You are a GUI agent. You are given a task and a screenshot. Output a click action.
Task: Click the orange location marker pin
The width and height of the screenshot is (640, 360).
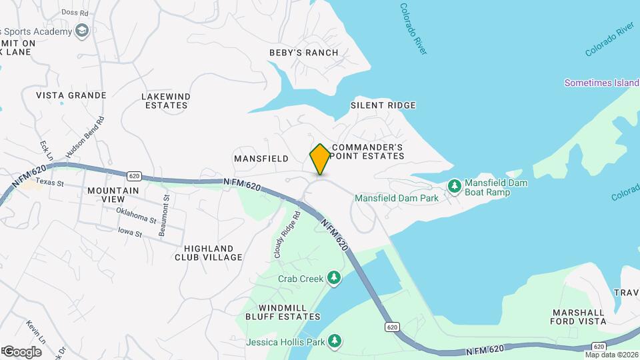point(320,159)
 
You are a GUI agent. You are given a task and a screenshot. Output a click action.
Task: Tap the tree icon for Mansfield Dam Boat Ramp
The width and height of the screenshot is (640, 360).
point(455,185)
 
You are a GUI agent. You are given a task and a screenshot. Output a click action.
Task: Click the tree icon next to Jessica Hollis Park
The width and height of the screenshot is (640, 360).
point(335,342)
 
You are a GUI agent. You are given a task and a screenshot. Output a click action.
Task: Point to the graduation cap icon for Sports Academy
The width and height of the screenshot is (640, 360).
point(82,31)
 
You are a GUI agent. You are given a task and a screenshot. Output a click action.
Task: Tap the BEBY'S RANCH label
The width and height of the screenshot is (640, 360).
point(303,53)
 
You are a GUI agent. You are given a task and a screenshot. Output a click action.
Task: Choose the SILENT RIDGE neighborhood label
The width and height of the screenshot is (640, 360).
point(383,105)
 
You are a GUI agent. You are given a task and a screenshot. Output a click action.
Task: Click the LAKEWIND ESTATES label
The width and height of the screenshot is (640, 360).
point(166,101)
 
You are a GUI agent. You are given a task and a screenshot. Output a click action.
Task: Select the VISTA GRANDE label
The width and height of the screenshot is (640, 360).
point(71,95)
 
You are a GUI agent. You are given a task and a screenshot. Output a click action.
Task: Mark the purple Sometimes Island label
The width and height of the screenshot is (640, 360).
point(601,83)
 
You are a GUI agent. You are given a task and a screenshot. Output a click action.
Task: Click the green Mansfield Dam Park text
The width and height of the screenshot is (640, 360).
point(396,198)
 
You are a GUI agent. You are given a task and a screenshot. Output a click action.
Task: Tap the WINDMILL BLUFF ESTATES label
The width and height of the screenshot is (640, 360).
point(275,311)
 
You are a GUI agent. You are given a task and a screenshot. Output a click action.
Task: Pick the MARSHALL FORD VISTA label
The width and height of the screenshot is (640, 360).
point(579,317)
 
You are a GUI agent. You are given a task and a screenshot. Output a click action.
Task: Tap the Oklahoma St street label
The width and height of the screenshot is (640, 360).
point(135,215)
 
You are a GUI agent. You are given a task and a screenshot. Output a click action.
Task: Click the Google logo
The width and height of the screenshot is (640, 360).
point(22,351)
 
